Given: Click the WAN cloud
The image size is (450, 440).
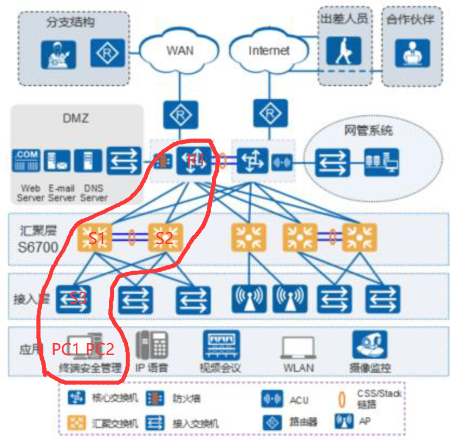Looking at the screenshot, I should [179, 51].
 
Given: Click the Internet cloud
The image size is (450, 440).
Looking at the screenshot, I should [269, 51].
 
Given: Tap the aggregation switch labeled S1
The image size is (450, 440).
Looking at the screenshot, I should [96, 237].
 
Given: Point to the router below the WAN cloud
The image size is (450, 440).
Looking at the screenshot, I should [180, 114].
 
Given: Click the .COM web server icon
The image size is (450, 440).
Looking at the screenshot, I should [27, 161].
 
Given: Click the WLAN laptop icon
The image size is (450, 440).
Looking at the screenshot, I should [298, 347].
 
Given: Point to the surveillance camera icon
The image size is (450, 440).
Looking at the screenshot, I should [370, 345].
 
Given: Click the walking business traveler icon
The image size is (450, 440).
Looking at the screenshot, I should [343, 51].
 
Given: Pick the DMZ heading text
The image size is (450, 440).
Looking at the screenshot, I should [77, 117].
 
